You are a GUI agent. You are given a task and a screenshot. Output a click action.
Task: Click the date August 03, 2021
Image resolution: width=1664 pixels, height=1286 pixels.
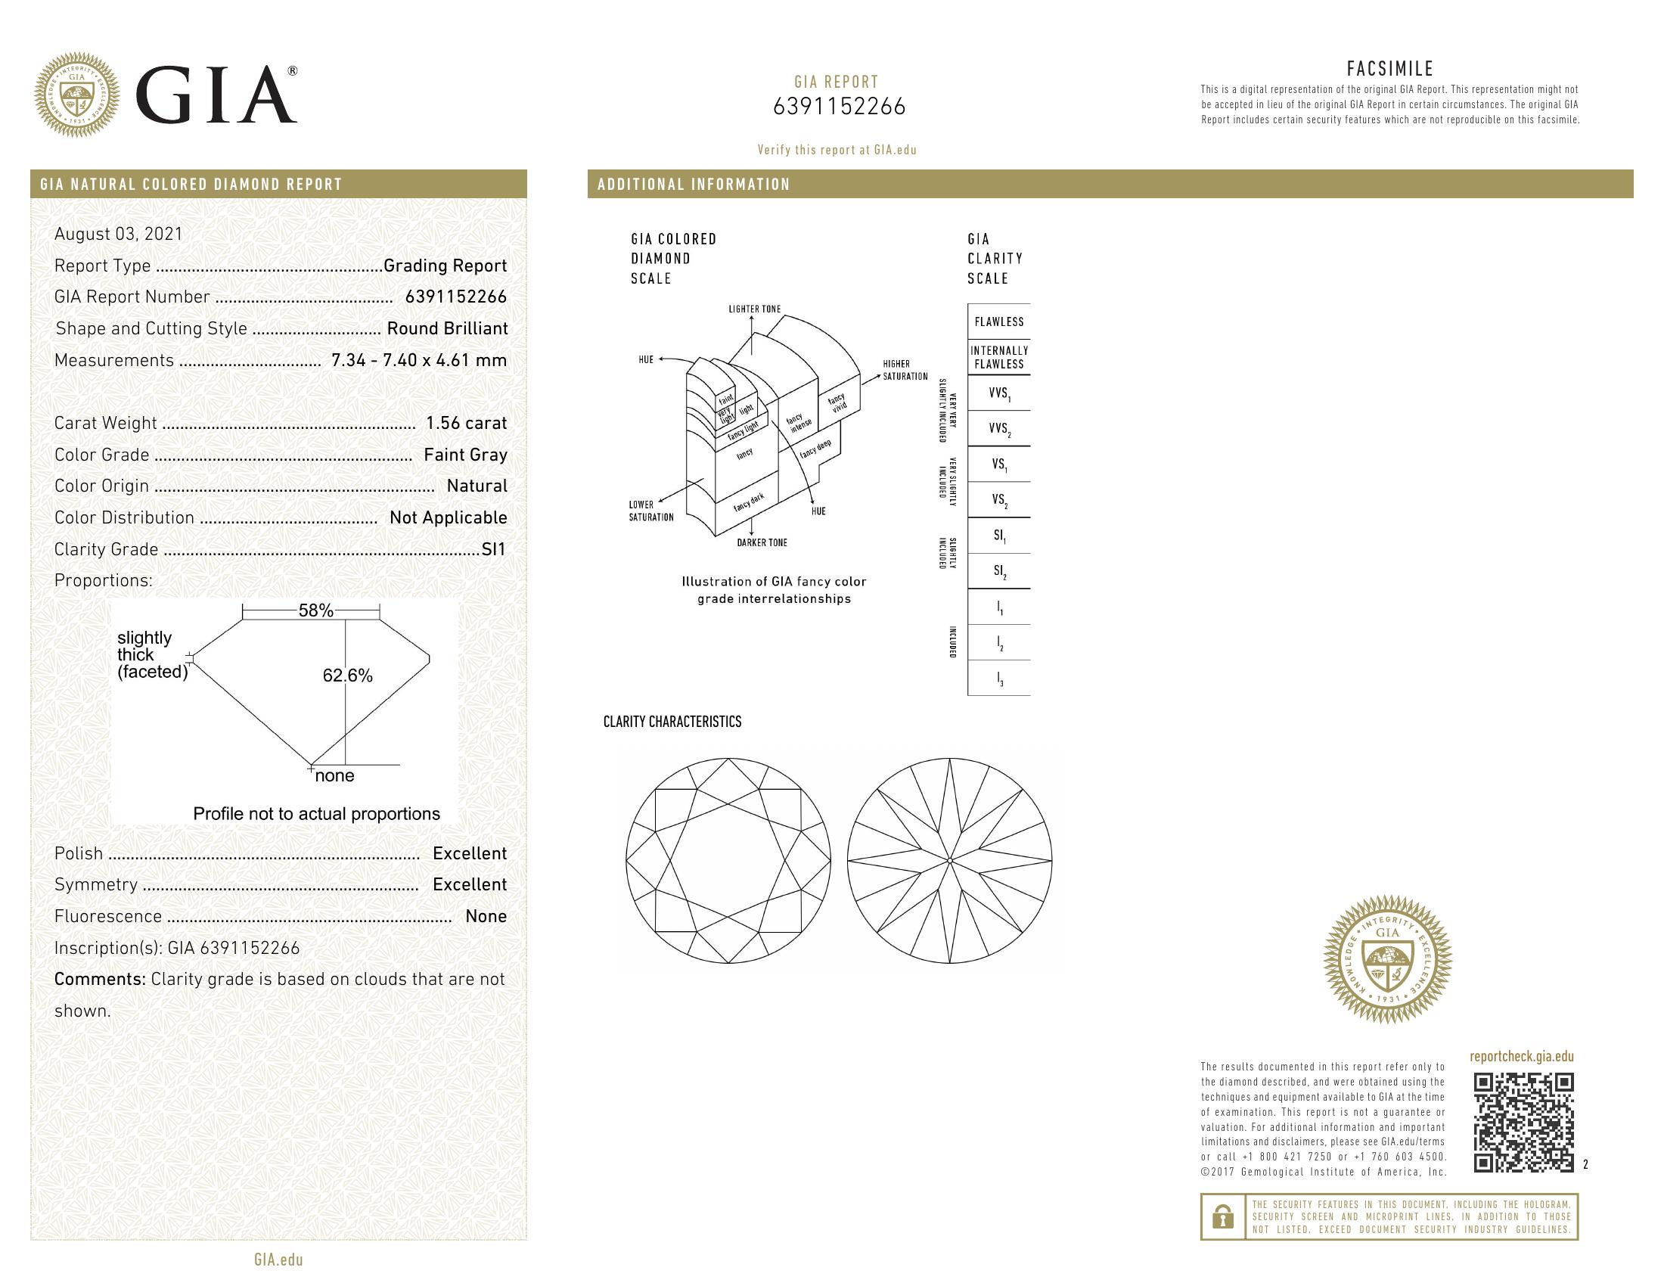pos(118,234)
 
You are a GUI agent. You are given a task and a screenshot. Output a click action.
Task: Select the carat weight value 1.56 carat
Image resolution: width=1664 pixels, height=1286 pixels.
pos(465,423)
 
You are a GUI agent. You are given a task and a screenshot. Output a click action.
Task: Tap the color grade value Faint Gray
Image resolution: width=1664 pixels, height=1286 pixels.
pos(464,455)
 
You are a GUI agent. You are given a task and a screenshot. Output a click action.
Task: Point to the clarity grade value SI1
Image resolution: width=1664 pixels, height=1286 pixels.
pos(493,549)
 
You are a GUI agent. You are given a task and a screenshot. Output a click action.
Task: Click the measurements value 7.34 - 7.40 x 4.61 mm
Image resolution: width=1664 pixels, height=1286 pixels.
pos(418,360)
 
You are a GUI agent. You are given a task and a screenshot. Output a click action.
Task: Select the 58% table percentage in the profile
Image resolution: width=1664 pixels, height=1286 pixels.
pos(315,610)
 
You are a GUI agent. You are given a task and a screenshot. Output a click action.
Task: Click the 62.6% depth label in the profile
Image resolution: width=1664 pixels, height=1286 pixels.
pos(347,676)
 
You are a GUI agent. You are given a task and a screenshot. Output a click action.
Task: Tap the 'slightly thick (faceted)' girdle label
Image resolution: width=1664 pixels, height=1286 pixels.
pos(151,654)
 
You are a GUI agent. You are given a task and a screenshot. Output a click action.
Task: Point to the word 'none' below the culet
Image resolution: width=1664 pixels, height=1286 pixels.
pos(334,775)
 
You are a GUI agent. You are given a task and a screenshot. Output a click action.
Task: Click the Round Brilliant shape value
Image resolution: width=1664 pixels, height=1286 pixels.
pos(446,328)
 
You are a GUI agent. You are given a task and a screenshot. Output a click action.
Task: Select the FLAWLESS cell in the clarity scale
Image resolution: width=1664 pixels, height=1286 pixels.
pos(998,321)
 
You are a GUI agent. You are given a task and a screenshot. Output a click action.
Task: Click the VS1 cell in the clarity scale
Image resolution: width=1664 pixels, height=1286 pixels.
pos(998,464)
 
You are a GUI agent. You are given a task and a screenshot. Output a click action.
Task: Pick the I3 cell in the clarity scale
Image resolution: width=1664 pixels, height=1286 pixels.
pos(999,679)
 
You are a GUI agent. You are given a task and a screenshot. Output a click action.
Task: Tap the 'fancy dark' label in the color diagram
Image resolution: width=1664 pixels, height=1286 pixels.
pos(748,502)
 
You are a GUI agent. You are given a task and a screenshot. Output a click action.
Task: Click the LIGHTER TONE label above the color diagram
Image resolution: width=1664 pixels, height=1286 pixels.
pos(754,309)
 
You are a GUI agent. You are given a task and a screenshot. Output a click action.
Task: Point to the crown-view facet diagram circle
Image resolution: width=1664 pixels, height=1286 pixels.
pos(728,861)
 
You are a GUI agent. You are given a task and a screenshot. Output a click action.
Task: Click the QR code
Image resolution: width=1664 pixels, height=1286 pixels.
pos(1523,1122)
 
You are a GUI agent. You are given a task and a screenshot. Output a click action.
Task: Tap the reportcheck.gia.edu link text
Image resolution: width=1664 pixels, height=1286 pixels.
pos(1521,1057)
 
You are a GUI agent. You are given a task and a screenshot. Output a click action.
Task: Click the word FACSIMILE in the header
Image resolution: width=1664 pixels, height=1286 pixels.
pos(1389,69)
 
